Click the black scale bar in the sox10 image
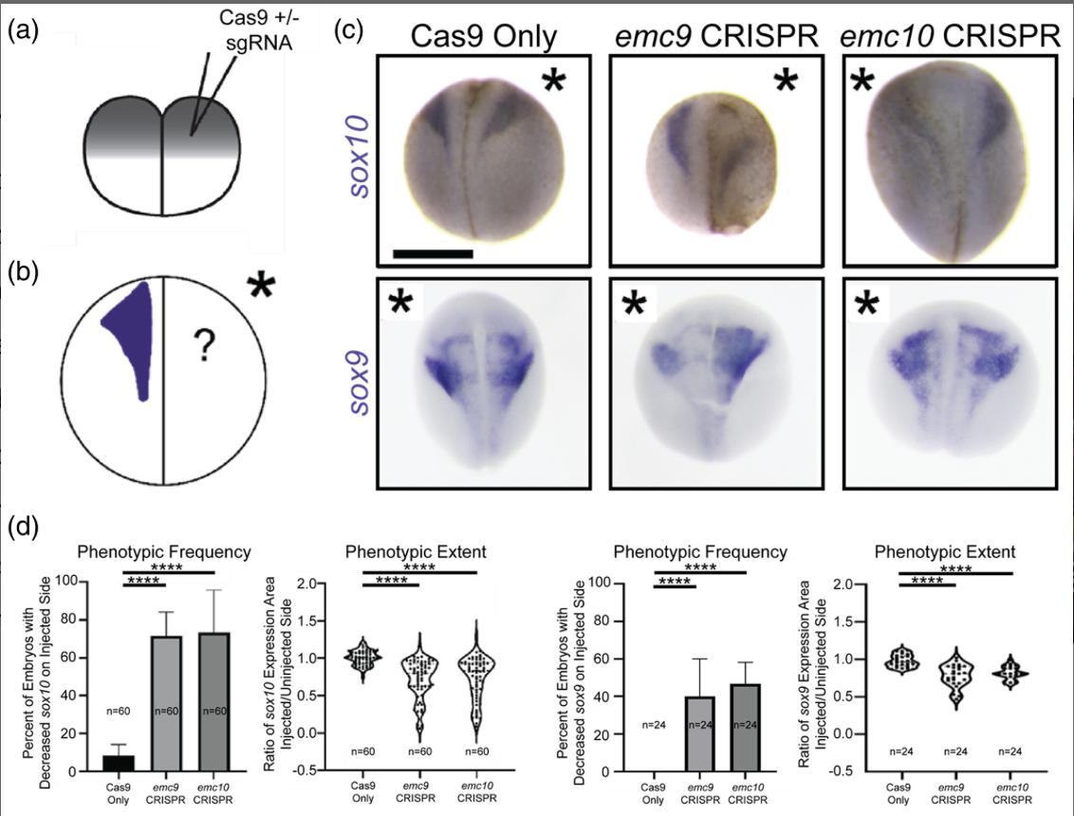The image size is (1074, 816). click(x=433, y=253)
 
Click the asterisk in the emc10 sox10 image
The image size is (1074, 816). click(x=862, y=83)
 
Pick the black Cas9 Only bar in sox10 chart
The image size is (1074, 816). click(x=119, y=763)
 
